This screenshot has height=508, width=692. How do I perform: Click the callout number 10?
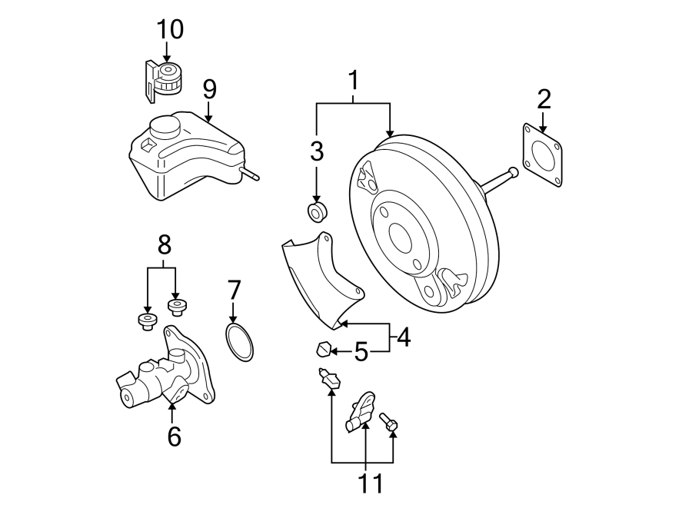point(170,29)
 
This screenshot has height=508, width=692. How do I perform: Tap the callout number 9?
point(209,88)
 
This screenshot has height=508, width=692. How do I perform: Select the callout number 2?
point(544,98)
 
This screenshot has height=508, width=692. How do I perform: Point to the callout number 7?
point(235,290)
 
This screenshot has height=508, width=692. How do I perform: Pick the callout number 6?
point(174,436)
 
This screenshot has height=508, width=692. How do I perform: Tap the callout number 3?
point(317,151)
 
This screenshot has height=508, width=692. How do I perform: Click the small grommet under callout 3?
point(317,211)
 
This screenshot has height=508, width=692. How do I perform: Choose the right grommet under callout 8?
point(178,308)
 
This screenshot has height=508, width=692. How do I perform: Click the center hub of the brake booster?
point(401,234)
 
